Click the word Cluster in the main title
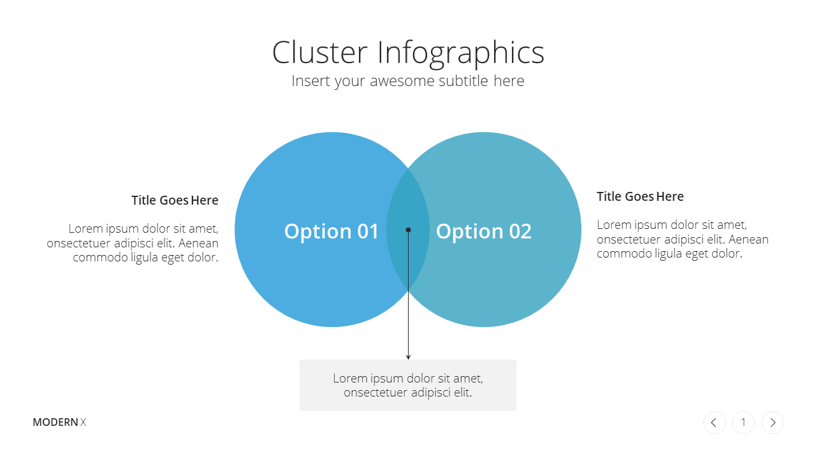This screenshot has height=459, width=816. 319,52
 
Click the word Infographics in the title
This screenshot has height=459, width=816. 461,54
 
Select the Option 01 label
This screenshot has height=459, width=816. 331,231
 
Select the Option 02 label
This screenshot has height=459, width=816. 484,231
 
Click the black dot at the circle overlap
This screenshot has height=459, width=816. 408,230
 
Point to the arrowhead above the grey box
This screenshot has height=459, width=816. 408,356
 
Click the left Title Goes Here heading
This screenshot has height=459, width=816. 175,200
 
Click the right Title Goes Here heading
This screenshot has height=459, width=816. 640,196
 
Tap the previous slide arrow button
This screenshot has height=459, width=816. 715,423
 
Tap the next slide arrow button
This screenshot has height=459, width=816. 772,423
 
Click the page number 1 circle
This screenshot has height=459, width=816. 743,423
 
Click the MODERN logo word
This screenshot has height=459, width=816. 55,422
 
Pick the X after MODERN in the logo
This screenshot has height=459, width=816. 83,422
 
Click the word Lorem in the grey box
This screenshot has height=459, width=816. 350,378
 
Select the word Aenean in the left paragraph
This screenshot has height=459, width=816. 198,243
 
